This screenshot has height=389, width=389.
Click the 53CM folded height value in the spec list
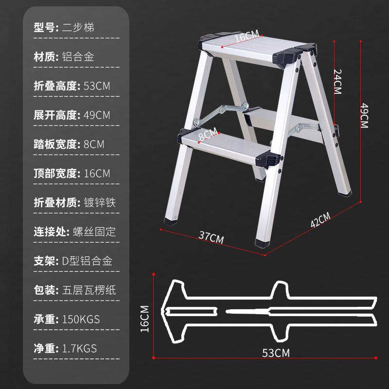pyautogui.click(x=97, y=86)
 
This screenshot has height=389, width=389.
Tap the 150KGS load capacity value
pyautogui.click(x=81, y=319)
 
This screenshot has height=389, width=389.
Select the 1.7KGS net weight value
pyautogui.click(x=80, y=349)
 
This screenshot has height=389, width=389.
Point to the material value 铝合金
pyautogui.click(x=78, y=57)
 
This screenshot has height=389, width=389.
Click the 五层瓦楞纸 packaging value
pyautogui.click(x=89, y=290)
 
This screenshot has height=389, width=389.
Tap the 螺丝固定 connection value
pyautogui.click(x=99, y=232)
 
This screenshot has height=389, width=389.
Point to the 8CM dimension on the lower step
pyautogui.click(x=208, y=134)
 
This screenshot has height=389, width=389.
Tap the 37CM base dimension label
pyautogui.click(x=211, y=238)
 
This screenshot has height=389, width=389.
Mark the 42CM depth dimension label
pyautogui.click(x=320, y=220)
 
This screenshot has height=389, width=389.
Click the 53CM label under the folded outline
pyautogui.click(x=276, y=353)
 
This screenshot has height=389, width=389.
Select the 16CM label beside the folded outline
pyautogui.click(x=145, y=318)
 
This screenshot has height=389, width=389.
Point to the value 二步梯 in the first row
pyautogui.click(x=78, y=28)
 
